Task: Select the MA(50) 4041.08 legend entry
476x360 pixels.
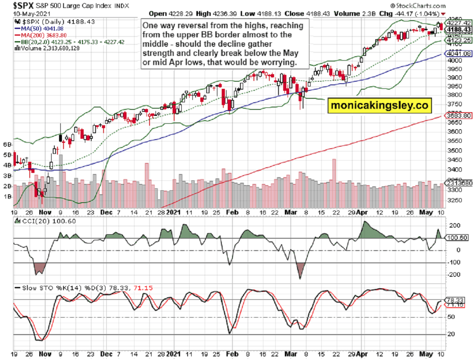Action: (x=39, y=29)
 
